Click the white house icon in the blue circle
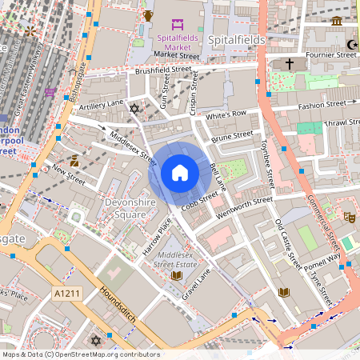click(179, 173)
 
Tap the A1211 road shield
click(67, 294)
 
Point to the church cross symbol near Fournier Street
click(290, 63)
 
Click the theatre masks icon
click(349, 217)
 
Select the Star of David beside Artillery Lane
click(134, 108)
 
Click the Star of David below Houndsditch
click(98, 341)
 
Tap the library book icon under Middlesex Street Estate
click(177, 276)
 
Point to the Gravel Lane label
click(197, 283)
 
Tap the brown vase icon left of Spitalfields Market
click(148, 15)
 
